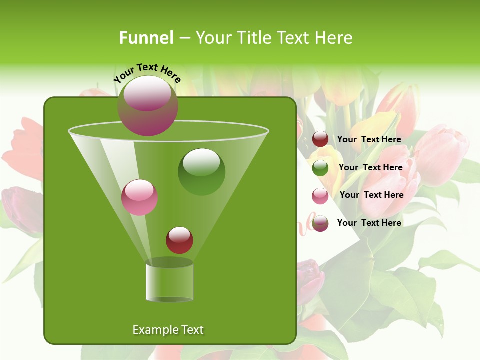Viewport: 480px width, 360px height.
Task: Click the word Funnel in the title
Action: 146,38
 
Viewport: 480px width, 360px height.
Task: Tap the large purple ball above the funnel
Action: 147,105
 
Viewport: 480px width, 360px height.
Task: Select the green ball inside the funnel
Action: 201,171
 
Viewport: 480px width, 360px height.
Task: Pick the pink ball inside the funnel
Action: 139,197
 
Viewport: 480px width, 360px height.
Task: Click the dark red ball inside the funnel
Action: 179,240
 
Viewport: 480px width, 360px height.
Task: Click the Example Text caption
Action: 168,330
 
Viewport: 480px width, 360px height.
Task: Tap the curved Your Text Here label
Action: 147,73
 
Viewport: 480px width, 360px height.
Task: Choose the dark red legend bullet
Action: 320,139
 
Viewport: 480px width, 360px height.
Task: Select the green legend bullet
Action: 320,168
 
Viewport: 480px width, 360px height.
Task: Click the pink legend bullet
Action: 320,196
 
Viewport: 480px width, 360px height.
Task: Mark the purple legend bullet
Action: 320,223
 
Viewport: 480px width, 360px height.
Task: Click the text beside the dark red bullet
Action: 369,139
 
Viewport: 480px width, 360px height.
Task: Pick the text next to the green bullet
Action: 370,167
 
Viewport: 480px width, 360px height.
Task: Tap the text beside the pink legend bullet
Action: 371,195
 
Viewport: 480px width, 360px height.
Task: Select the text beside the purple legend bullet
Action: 369,223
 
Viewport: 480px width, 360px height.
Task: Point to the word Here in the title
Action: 333,38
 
